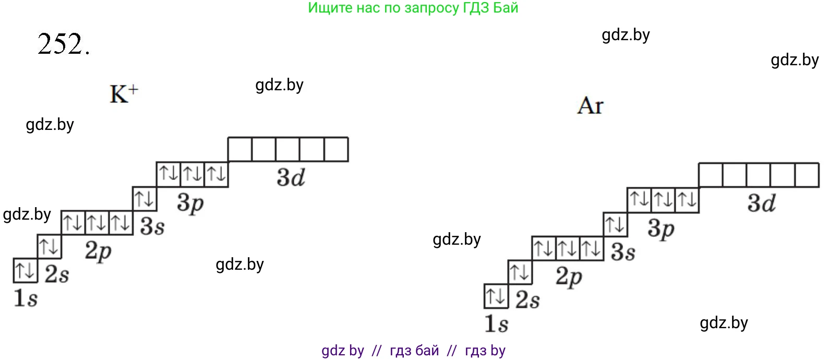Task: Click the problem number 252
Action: [x=64, y=44]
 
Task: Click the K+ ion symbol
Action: [x=124, y=94]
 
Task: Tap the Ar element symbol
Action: [x=590, y=106]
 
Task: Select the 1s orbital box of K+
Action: [x=26, y=270]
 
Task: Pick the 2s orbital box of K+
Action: [x=50, y=246]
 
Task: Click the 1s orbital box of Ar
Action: [x=496, y=296]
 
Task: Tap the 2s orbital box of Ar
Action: [x=520, y=272]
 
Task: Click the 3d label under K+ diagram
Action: [x=291, y=178]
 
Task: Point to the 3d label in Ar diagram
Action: [x=762, y=203]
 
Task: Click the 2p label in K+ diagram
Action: [x=99, y=251]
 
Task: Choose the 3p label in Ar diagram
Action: [x=661, y=229]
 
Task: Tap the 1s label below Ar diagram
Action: [x=496, y=323]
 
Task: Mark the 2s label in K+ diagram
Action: [x=57, y=274]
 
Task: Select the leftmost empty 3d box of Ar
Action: [x=711, y=175]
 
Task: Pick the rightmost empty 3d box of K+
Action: [x=336, y=149]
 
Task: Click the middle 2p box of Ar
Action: [x=568, y=248]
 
